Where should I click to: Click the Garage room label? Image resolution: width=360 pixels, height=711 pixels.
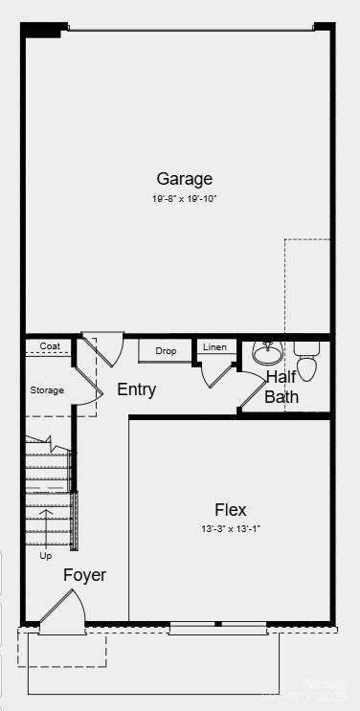[185, 179]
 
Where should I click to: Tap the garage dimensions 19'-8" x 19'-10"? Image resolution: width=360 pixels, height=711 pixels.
[185, 199]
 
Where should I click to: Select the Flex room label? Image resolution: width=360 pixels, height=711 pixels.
[231, 510]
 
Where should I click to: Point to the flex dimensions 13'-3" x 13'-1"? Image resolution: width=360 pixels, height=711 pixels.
[231, 529]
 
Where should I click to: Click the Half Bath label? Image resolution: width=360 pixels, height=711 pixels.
[281, 387]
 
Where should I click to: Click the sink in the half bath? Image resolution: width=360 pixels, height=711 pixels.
[267, 354]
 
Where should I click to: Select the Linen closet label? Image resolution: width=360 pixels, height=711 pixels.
[215, 346]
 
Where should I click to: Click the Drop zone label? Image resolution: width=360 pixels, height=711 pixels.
[166, 351]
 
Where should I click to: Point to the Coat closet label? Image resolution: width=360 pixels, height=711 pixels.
[50, 346]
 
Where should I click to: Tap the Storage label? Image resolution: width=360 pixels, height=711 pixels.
[47, 390]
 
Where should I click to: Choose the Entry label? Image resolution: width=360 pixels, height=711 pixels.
[136, 390]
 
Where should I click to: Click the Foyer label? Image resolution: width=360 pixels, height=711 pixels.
[84, 575]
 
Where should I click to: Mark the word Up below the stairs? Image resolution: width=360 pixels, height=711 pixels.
[45, 555]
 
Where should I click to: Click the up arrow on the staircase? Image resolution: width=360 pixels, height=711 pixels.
[45, 523]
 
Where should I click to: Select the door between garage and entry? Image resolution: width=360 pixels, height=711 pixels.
[104, 347]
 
